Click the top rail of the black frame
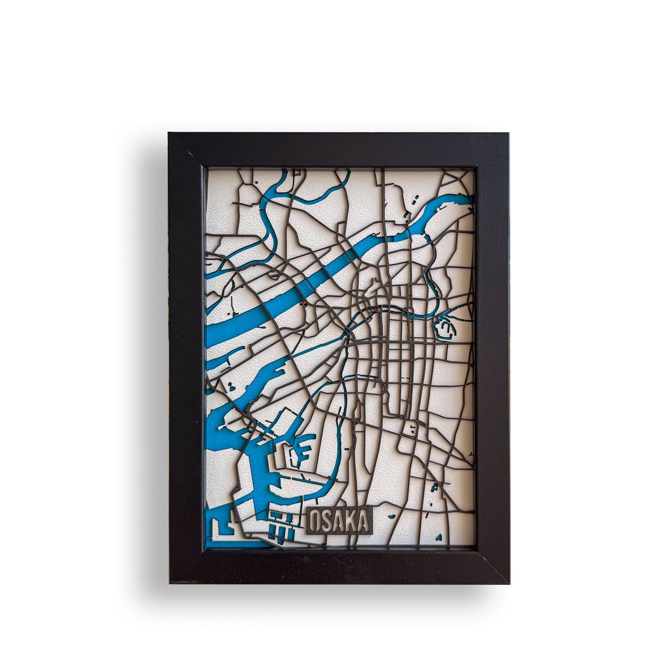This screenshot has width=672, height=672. tap(339, 149)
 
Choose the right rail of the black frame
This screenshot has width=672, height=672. tap(492, 358)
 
